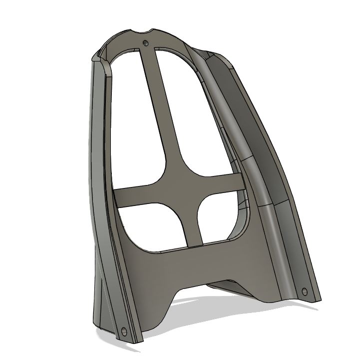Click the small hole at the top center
pos(145,43)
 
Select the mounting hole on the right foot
pos(305,291)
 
